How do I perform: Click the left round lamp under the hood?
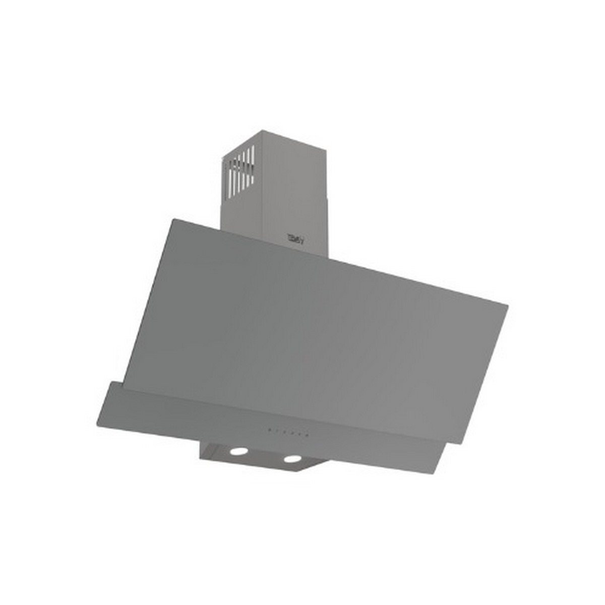238,451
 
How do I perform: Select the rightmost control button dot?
306,433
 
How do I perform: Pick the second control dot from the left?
277,431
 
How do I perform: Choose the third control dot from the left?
284,432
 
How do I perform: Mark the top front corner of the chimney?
262,131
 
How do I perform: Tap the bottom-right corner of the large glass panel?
460,443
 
